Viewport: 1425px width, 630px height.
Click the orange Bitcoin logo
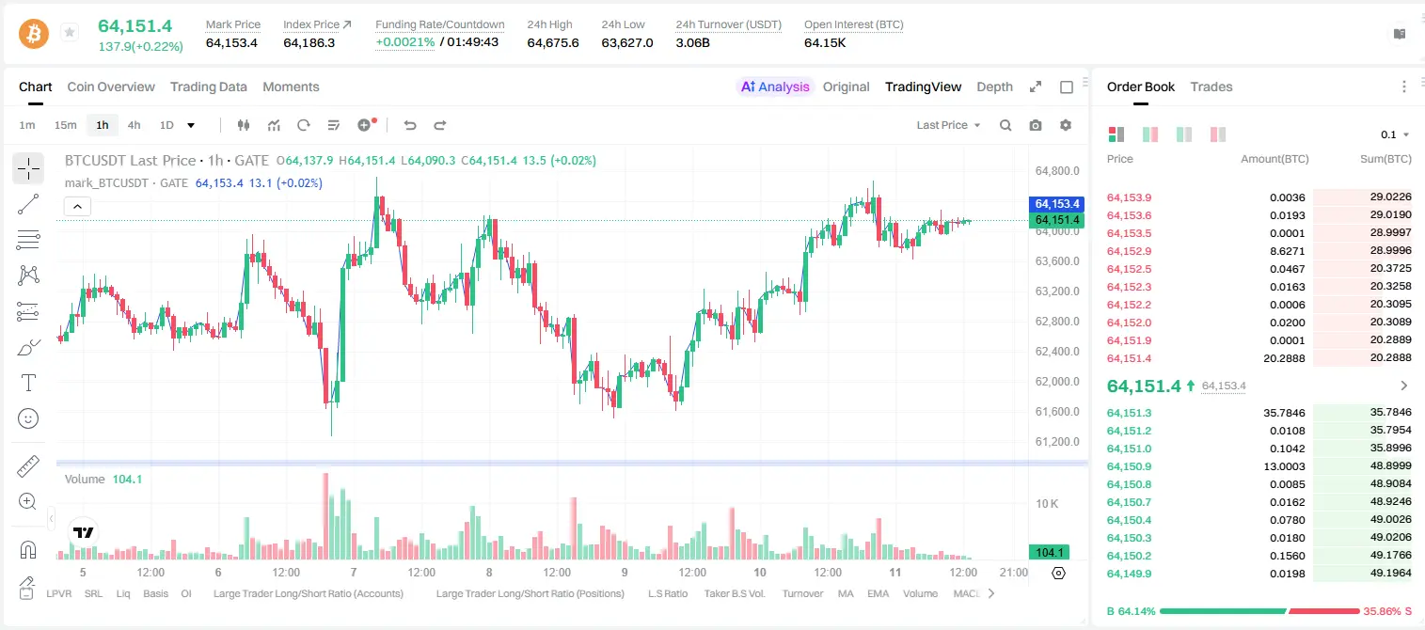pos(34,34)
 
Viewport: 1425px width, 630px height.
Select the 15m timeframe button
pos(65,125)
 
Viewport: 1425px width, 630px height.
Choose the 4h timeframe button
pos(134,125)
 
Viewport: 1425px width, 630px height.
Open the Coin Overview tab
pos(111,87)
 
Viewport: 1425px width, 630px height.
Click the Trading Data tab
pos(208,87)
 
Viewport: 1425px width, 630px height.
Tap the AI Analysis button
pos(775,87)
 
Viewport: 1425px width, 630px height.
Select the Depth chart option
pos(994,87)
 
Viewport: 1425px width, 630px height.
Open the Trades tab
pos(1211,87)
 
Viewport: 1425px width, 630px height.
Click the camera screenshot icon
pos(1036,125)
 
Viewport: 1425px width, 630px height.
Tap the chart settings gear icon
pos(1066,125)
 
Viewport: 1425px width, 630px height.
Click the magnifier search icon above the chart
pos(1005,125)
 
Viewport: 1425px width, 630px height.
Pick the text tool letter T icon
pos(28,383)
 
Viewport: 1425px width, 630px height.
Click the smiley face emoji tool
pos(28,418)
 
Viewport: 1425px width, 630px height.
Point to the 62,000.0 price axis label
pos(1057,382)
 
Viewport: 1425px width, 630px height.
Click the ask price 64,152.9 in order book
pos(1130,251)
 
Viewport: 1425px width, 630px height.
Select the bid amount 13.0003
pos(1284,466)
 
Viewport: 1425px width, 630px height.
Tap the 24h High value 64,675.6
pos(553,42)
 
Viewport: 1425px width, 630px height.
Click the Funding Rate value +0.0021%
pos(405,42)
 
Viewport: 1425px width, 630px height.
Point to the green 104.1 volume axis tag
pos(1049,553)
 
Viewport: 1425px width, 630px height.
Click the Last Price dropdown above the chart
pos(948,125)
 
